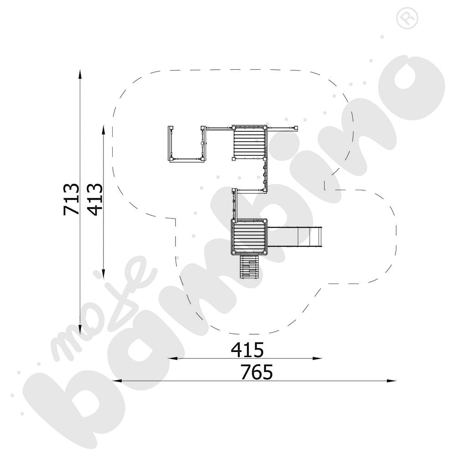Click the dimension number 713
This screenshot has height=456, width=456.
(x=71, y=199)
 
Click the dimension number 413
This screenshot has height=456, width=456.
(x=95, y=199)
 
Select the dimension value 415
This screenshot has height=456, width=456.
(x=248, y=350)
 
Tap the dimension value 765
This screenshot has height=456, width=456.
(x=257, y=372)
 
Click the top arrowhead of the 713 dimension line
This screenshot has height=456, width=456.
(x=80, y=74)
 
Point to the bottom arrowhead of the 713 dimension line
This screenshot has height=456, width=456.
(x=80, y=330)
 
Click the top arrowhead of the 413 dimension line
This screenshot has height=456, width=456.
(x=103, y=130)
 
